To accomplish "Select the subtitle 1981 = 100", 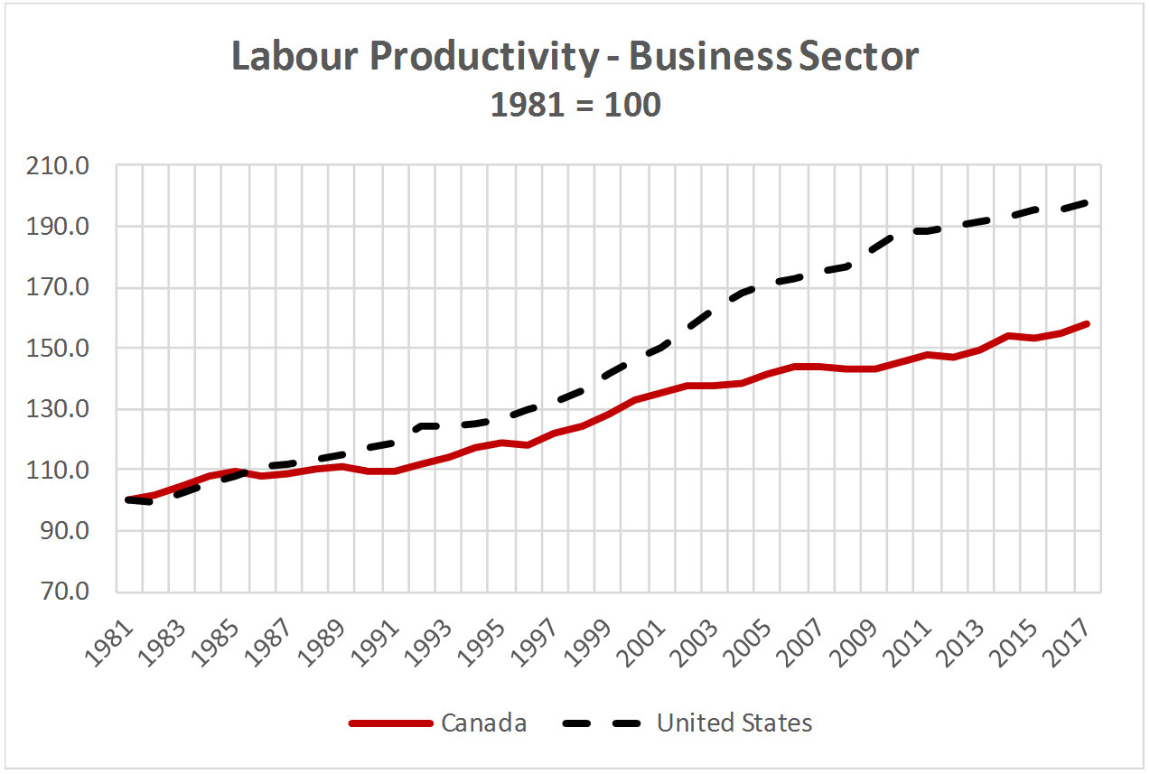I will [575, 105].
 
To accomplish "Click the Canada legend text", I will [483, 723].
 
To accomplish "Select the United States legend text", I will [734, 723].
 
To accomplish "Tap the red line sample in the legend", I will [390, 723].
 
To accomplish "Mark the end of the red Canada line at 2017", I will [1088, 323].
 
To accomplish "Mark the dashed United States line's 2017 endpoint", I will [1088, 202].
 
